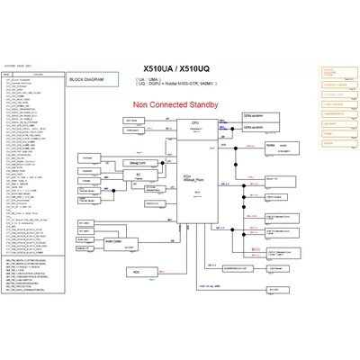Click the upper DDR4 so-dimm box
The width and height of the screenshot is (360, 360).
tap(254, 117)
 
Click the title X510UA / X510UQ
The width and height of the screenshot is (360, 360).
tap(179, 67)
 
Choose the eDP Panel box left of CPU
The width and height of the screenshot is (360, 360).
tap(131, 120)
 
